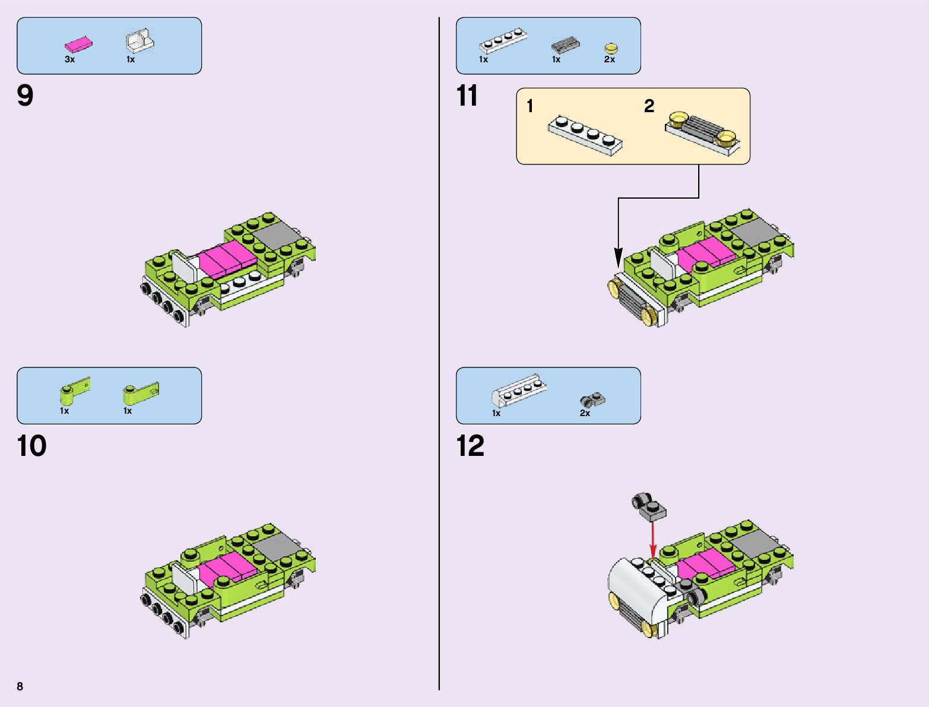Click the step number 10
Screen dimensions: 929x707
pyautogui.click(x=31, y=446)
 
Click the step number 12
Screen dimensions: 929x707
pyautogui.click(x=470, y=446)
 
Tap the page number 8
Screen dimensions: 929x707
pyautogui.click(x=20, y=686)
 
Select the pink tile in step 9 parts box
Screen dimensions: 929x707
pyautogui.click(x=79, y=45)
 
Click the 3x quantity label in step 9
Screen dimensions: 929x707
pyautogui.click(x=70, y=59)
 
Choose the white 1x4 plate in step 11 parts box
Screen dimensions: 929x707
pyautogui.click(x=503, y=40)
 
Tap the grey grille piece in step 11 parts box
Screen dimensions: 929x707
pyautogui.click(x=566, y=45)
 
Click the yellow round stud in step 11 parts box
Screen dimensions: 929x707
pyautogui.click(x=610, y=48)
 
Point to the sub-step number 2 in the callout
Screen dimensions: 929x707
pyautogui.click(x=649, y=106)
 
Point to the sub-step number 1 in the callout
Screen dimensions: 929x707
pyautogui.click(x=530, y=106)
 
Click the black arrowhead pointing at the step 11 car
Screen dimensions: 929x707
pyautogui.click(x=619, y=257)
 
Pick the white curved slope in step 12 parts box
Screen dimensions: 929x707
pyautogui.click(x=519, y=391)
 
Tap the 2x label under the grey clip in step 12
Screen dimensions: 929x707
pyautogui.click(x=585, y=413)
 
